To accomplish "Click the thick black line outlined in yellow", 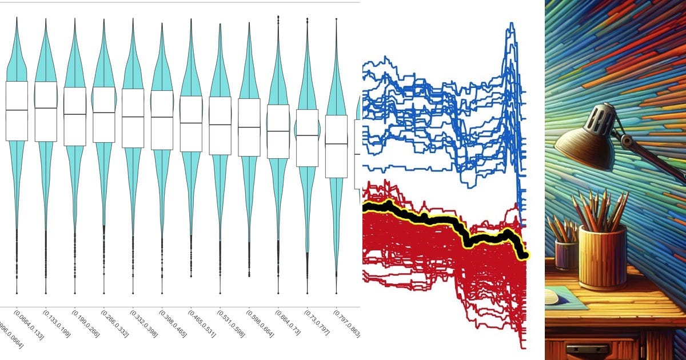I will pyautogui.click(x=434, y=220).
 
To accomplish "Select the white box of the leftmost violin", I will pyautogui.click(x=17, y=111).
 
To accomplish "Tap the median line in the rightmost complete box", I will pyautogui.click(x=336, y=144).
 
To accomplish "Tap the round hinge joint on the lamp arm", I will pyautogui.click(x=627, y=140).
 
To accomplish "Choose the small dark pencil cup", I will pyautogui.click(x=565, y=255).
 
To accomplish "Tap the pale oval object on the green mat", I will pyautogui.click(x=550, y=296).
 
